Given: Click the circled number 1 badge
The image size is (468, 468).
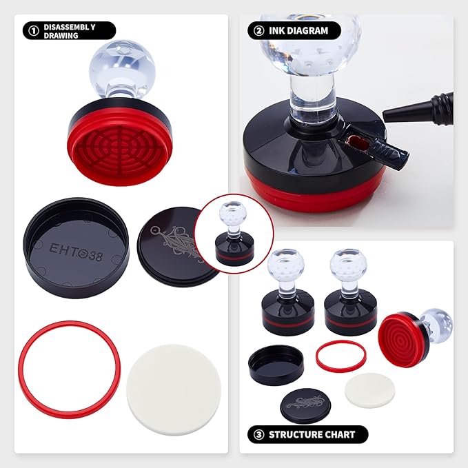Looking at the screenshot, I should click(x=31, y=31).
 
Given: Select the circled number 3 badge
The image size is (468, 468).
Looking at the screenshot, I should click(x=256, y=435).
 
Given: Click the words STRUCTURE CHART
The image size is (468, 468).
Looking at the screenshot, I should click(x=312, y=435).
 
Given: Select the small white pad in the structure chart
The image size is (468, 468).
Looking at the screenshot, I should click(x=367, y=390).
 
